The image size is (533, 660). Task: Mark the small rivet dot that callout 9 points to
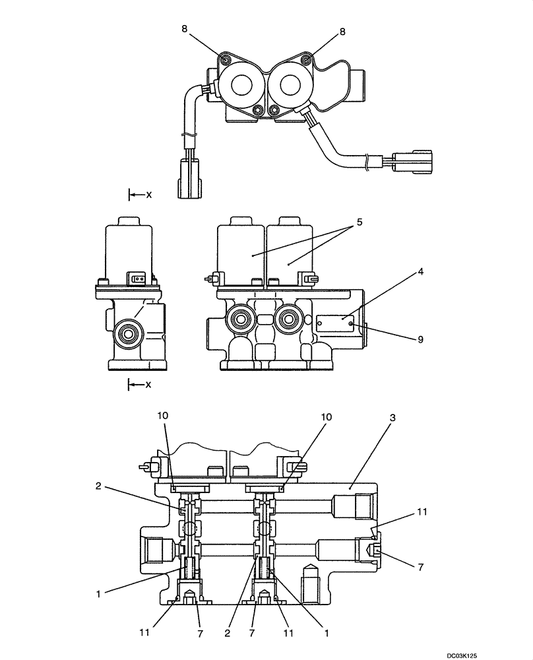pyautogui.click(x=351, y=323)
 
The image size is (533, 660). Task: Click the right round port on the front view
pyautogui.click(x=288, y=320)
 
